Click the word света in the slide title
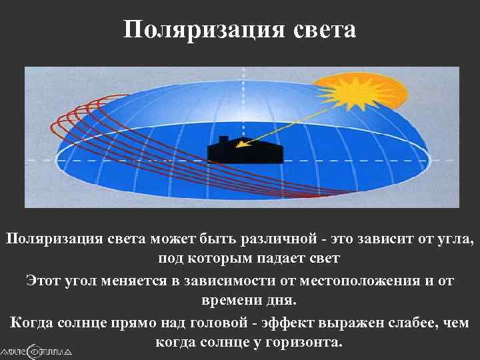pos(323,29)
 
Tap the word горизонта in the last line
pos(310,343)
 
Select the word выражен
pos(353,322)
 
